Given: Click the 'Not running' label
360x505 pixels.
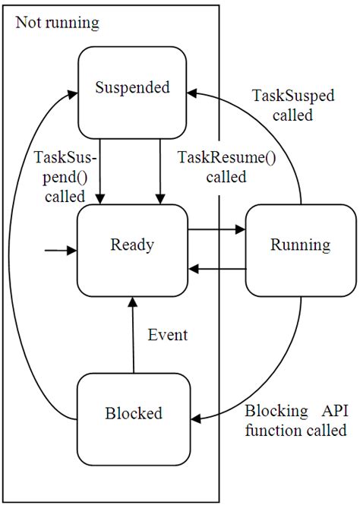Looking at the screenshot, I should pos(57,24).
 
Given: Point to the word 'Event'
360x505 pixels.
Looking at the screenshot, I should pos(167,333).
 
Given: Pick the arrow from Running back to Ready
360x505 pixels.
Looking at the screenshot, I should pos(216,268).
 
